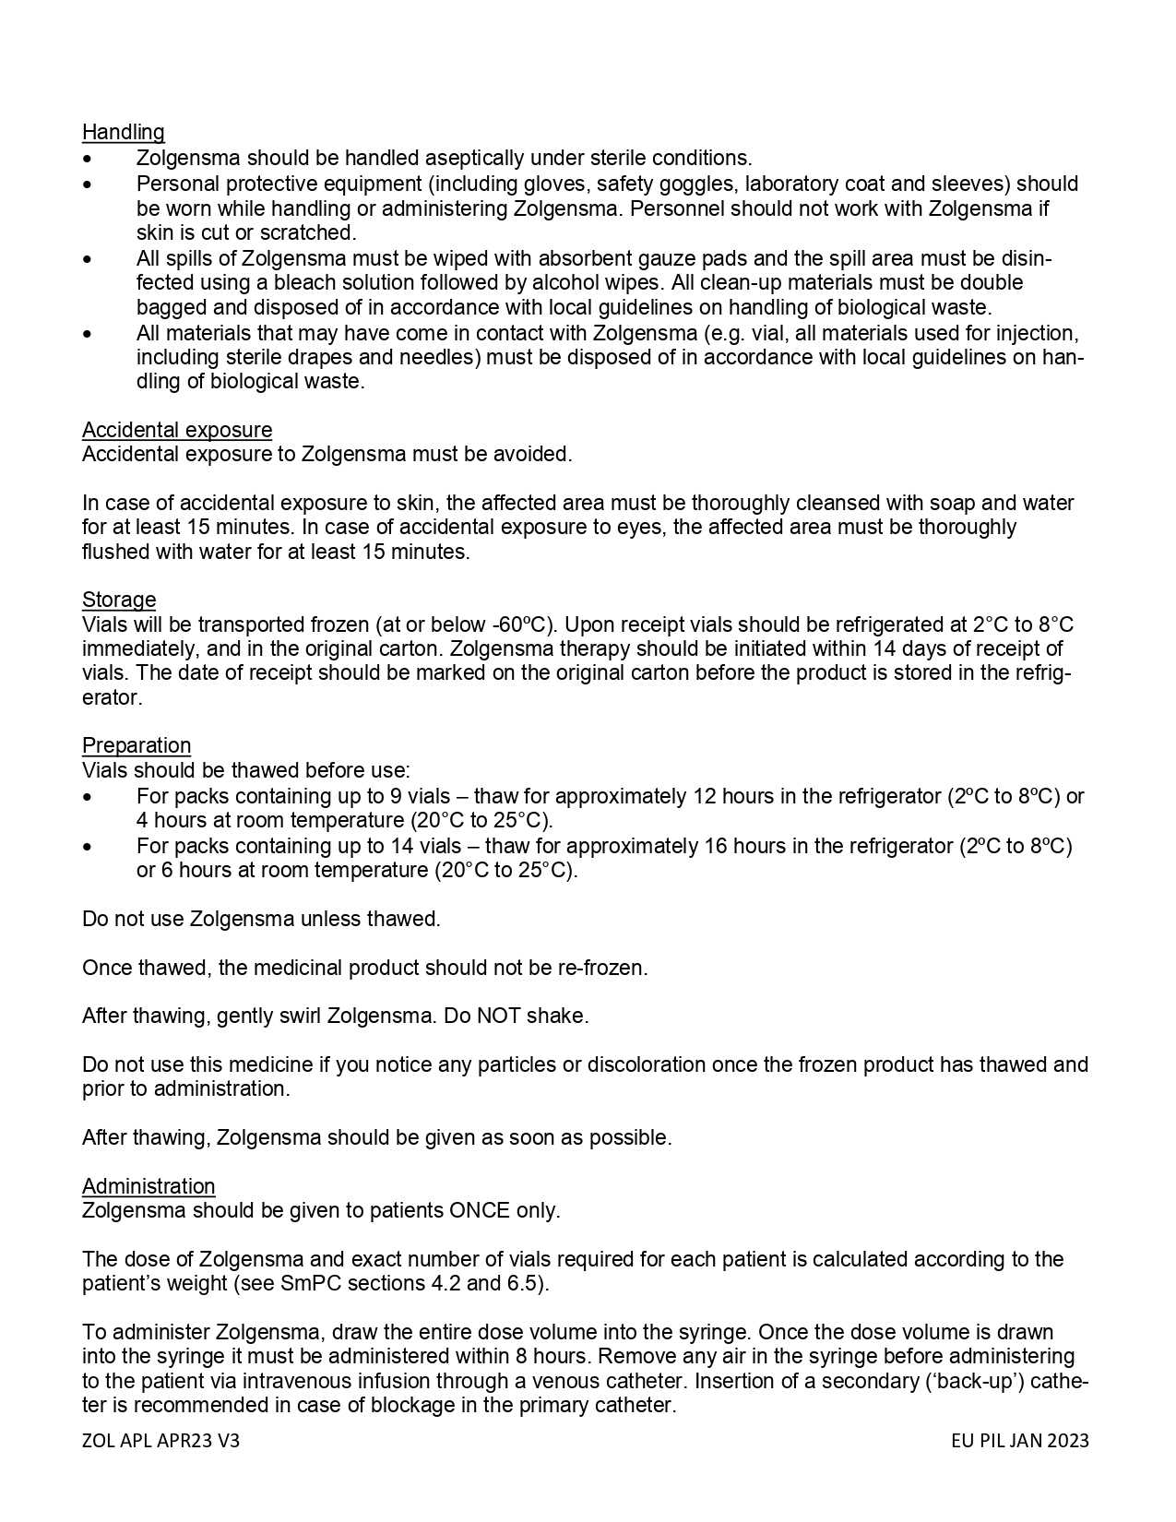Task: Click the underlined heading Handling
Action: pyautogui.click(x=123, y=132)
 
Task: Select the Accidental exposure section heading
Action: pyautogui.click(x=176, y=430)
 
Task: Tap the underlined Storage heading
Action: pyautogui.click(x=119, y=600)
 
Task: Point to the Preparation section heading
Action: pyautogui.click(x=137, y=745)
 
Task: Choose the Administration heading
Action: pyautogui.click(x=148, y=1186)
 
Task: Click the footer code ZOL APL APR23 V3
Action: pyautogui.click(x=160, y=1441)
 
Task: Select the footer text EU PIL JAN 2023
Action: pyautogui.click(x=1020, y=1441)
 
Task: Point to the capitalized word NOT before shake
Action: pyautogui.click(x=499, y=1016)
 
